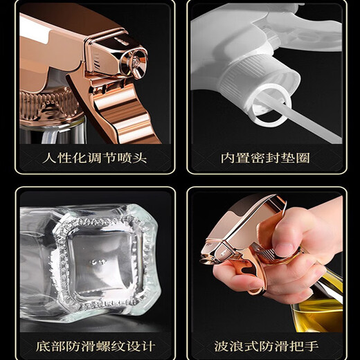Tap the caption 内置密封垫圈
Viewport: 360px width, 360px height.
click(266, 159)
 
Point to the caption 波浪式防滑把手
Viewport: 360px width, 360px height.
click(266, 344)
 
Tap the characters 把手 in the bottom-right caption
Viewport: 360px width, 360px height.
click(305, 344)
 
